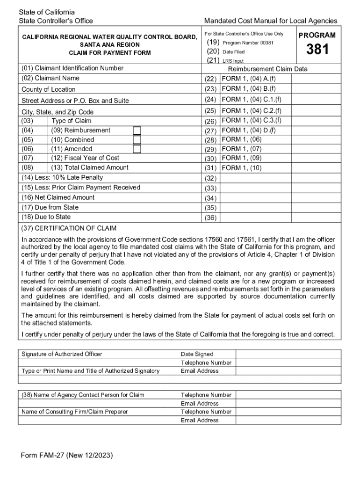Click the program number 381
[317, 50]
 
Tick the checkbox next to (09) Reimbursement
[137, 131]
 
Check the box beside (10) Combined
[137, 140]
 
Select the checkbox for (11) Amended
[137, 149]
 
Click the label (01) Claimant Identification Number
[72, 68]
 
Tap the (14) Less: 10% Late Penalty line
[62, 178]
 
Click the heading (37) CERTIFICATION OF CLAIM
[69, 228]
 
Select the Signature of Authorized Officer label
[62, 354]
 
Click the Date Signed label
[197, 354]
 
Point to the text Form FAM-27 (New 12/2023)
[67, 455]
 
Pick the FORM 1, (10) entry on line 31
[241, 168]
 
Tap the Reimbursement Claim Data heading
[267, 69]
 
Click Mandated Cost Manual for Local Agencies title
[270, 21]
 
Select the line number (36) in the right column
[210, 218]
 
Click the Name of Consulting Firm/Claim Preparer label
[74, 412]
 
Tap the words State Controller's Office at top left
[56, 21]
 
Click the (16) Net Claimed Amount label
[58, 197]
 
